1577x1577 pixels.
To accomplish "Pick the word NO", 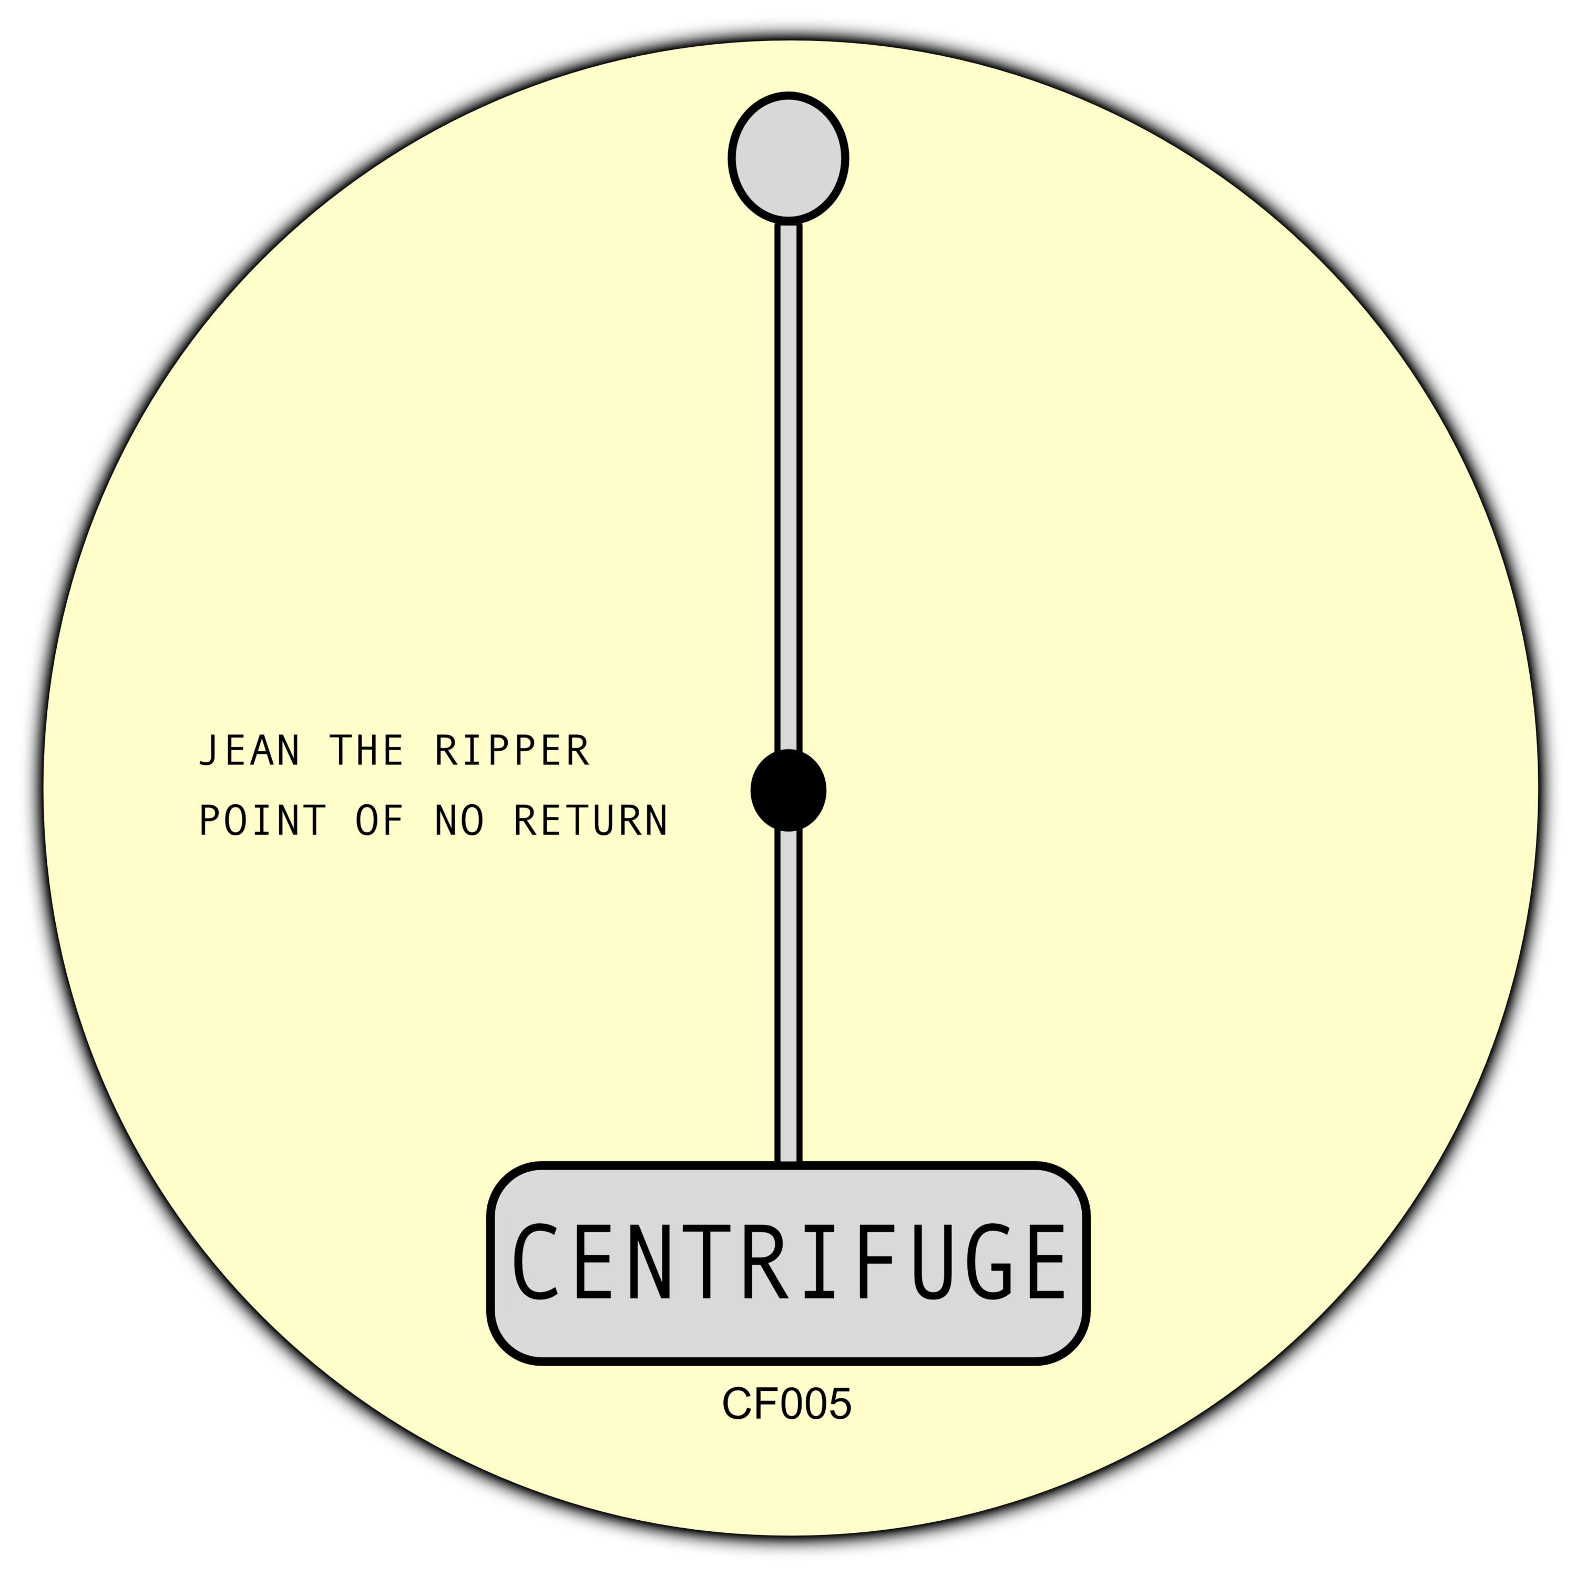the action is tap(459, 821).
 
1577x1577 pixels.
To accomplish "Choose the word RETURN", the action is tap(591, 821).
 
